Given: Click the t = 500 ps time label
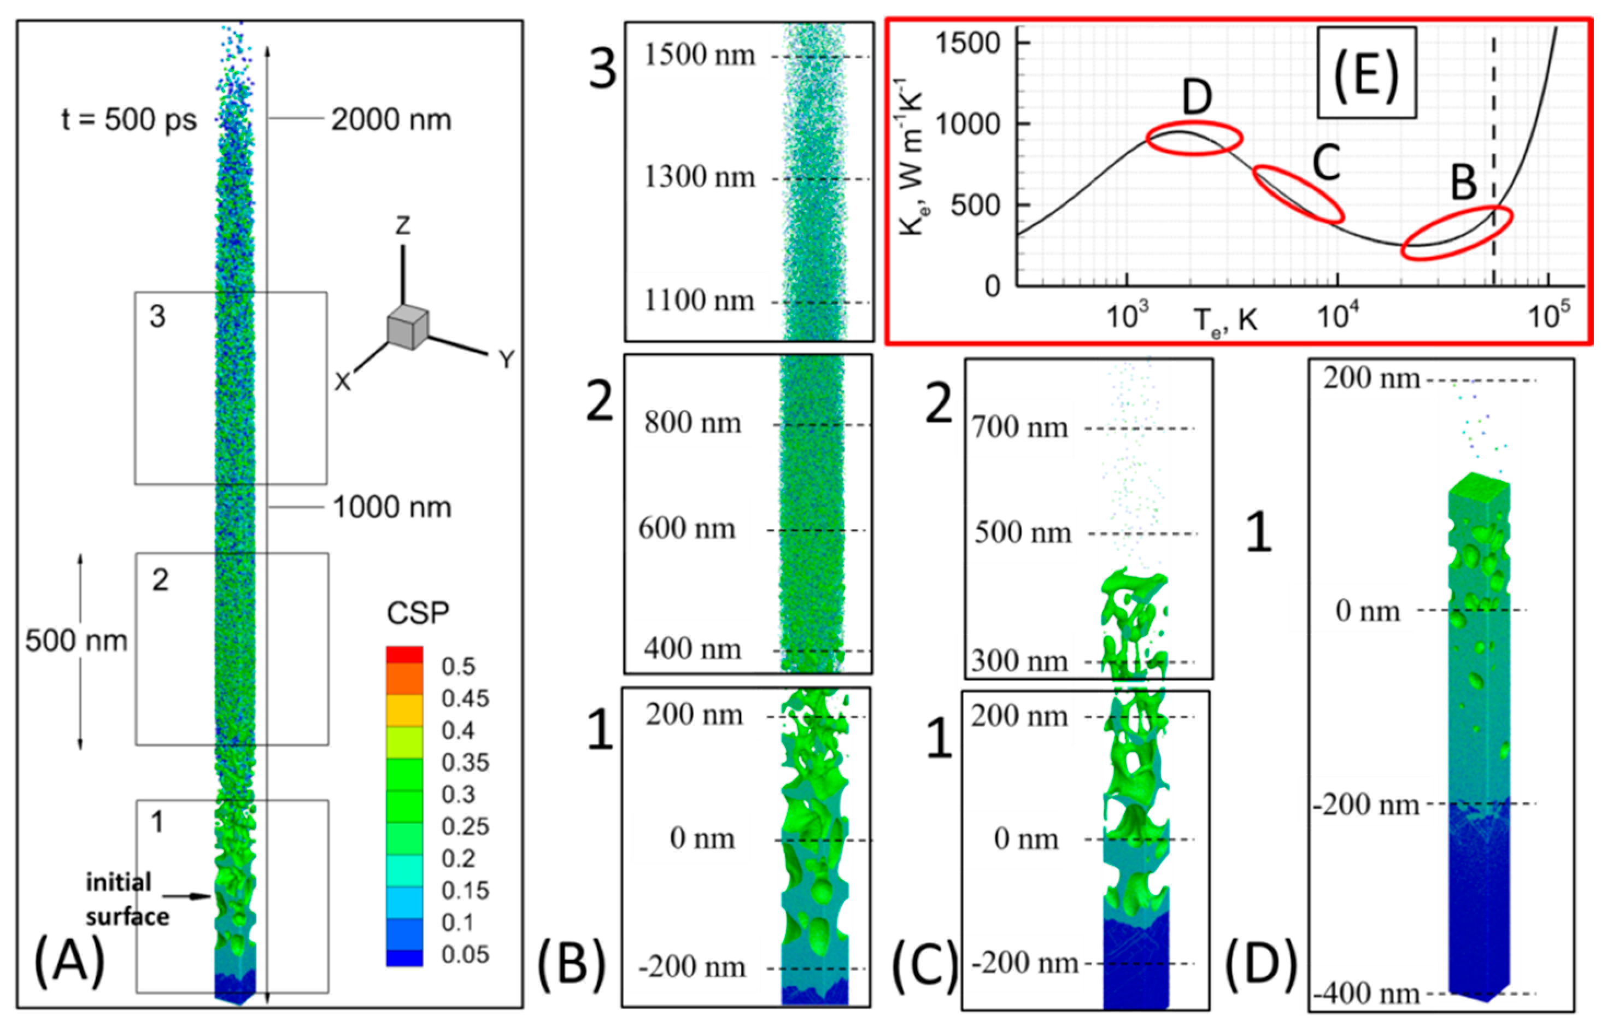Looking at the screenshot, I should click(130, 120).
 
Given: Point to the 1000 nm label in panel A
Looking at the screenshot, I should click(392, 508).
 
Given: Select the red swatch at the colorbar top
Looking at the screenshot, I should click(404, 655).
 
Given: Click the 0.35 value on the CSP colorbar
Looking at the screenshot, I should click(465, 762).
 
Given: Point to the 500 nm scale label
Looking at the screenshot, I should click(76, 641).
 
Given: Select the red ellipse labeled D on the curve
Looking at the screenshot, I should click(1194, 139).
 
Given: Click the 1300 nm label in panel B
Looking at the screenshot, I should click(700, 178).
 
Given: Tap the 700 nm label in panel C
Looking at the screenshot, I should click(1020, 427).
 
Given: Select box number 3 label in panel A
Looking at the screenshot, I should click(157, 316).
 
